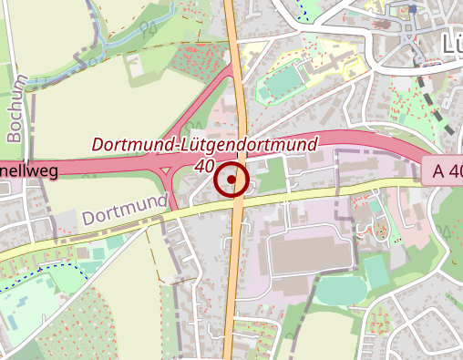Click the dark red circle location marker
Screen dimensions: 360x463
tap(231, 180)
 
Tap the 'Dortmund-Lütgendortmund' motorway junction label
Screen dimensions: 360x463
tap(205, 144)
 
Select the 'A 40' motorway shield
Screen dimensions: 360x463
tap(442, 170)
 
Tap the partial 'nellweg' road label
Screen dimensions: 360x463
tap(29, 170)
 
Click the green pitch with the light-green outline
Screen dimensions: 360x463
tap(375, 271)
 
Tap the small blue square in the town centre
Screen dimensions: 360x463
tap(413, 9)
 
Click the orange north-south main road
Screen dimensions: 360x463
tap(239, 273)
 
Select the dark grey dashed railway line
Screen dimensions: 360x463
tap(434, 104)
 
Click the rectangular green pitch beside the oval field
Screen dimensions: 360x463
tap(337, 291)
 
